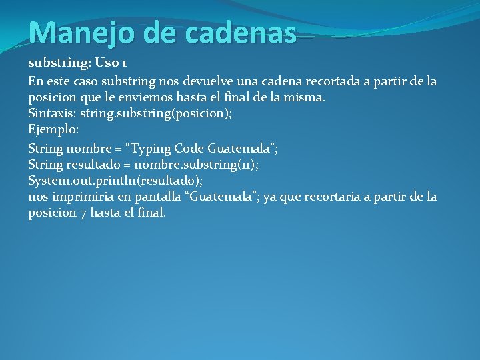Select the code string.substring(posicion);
(x=156, y=114)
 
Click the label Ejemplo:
(x=54, y=129)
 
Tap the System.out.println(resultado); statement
(x=115, y=181)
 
